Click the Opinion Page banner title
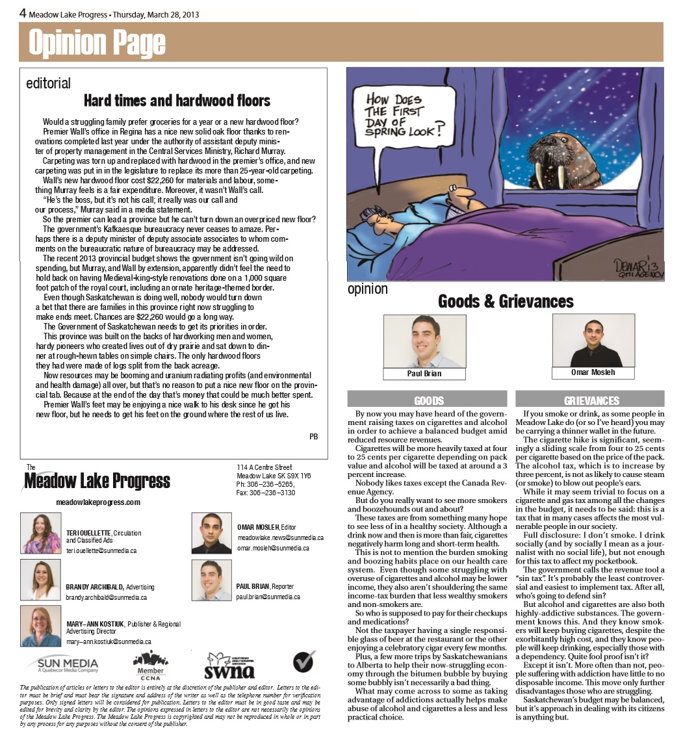coord(97,44)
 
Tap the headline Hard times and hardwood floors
coord(177,101)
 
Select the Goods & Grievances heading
coord(506,302)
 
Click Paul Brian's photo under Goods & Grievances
coord(424,342)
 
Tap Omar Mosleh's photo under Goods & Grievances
coord(593,341)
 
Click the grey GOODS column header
coord(429,400)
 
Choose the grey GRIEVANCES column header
coord(589,400)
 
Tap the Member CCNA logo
coord(150,665)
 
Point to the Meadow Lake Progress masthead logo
coord(97,481)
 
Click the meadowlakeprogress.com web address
coord(98,502)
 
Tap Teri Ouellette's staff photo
coord(41,533)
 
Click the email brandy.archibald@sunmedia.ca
coord(106,597)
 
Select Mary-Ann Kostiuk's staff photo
coord(41,625)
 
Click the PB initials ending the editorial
coord(313,437)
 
